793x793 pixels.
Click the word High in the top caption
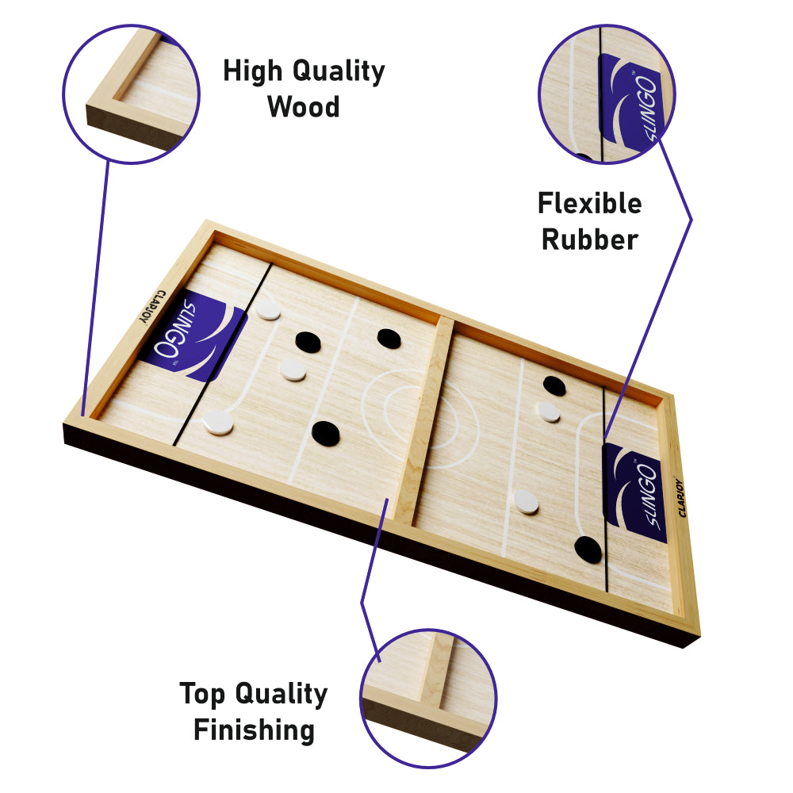pos(252,71)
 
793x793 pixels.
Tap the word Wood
pos(304,107)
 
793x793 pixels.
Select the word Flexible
pos(590,203)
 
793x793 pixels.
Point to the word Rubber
pos(590,239)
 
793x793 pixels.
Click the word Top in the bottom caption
pos(201,695)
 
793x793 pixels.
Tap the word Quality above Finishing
pos(282,695)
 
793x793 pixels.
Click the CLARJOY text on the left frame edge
pos(151,306)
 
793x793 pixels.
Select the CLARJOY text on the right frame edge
pos(682,498)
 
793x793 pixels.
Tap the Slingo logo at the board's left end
pos(195,335)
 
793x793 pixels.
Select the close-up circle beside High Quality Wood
pos(132,94)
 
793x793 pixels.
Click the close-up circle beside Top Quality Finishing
pos(428,699)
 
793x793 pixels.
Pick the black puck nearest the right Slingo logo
pos(588,550)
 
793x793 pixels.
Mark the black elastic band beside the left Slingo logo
pos(223,354)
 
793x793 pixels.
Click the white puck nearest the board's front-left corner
pos(219,423)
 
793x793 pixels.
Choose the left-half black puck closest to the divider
pos(389,339)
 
